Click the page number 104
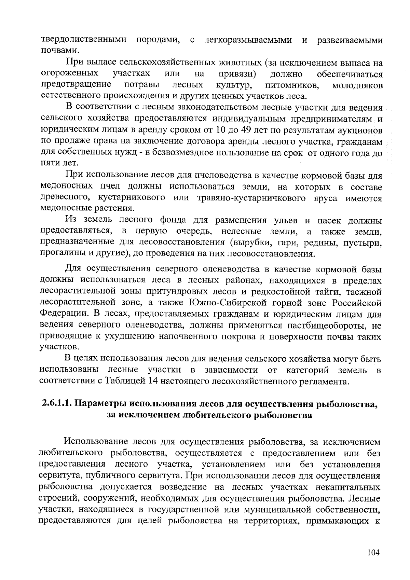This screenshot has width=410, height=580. click(373, 553)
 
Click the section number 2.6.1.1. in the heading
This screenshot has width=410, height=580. click(57, 403)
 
